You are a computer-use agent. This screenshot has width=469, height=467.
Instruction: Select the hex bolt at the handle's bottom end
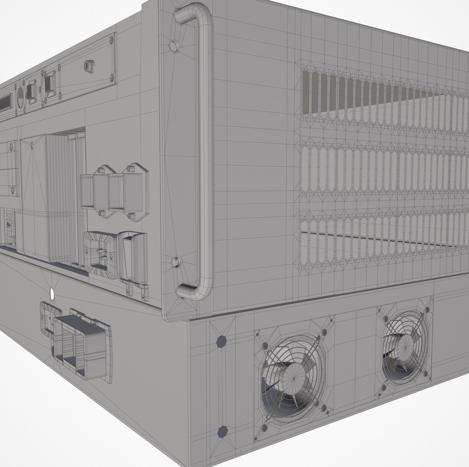177,262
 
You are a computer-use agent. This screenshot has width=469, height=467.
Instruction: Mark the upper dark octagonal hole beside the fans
221,341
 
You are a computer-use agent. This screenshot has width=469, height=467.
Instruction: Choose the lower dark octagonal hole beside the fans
222,431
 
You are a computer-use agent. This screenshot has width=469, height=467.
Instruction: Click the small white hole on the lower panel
53,294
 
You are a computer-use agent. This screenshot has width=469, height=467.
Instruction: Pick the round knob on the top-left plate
88,65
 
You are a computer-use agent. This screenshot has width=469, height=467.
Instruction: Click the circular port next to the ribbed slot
20,97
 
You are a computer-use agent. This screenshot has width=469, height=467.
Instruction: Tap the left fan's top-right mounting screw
324,333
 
